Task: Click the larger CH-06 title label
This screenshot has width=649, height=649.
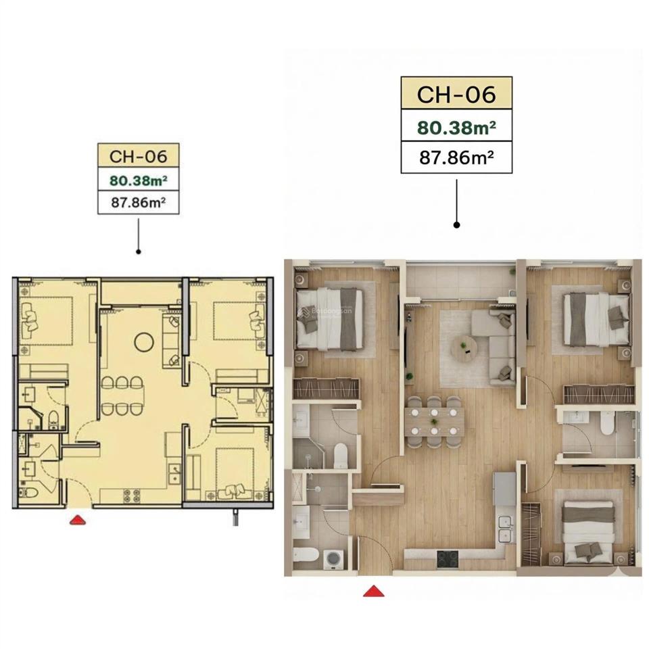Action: click(456, 93)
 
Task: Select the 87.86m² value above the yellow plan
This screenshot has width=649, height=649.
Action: click(139, 202)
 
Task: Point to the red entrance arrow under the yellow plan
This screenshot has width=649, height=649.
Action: click(79, 519)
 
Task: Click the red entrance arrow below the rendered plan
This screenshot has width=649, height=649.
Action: click(374, 591)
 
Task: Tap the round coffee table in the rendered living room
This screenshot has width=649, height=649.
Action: click(464, 347)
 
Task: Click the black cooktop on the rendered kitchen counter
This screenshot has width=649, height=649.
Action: click(447, 558)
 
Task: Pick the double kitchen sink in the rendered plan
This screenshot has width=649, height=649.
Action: click(504, 528)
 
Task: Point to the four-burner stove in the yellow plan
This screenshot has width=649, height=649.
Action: click(130, 494)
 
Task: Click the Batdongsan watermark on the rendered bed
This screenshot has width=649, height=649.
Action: click(323, 311)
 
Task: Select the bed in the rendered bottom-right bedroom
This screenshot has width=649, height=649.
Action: click(587, 531)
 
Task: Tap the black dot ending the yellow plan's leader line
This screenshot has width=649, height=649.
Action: click(139, 251)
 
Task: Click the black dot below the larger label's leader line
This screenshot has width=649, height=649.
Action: click(456, 224)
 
